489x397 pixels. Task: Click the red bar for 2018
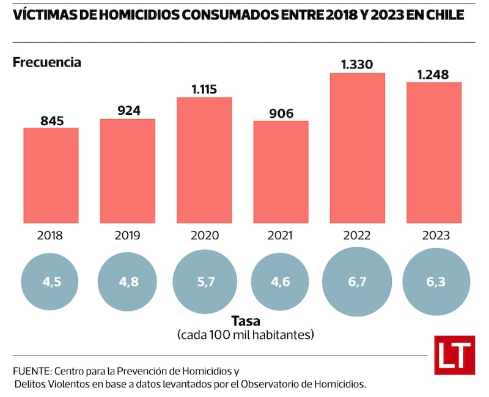click(x=51, y=175)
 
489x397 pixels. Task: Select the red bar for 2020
click(x=204, y=161)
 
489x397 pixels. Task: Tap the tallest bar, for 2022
click(x=358, y=148)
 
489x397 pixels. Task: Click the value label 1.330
click(x=357, y=64)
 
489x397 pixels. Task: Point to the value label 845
click(x=51, y=120)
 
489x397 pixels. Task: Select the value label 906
click(x=281, y=113)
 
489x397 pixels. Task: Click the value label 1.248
click(x=433, y=75)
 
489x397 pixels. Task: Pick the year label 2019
click(x=127, y=235)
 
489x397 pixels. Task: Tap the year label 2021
click(x=281, y=235)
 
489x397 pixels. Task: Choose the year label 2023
click(x=434, y=235)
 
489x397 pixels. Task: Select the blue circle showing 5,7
click(x=204, y=283)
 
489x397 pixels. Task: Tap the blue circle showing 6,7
click(x=358, y=283)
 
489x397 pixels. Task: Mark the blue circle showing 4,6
click(x=281, y=283)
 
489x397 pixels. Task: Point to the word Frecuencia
click(x=46, y=62)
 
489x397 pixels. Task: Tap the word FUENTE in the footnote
click(x=31, y=371)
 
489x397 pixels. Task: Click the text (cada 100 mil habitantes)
click(x=246, y=335)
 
